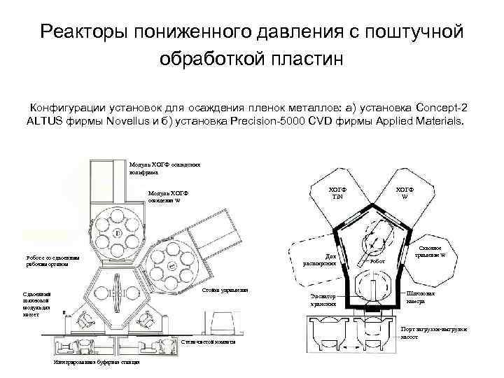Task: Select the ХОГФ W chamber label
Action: [x=405, y=192]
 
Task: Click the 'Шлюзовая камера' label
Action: [x=420, y=297]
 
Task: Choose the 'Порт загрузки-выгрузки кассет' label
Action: [x=433, y=332]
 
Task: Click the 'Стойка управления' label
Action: [x=225, y=290]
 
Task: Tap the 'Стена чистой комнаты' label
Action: [x=208, y=342]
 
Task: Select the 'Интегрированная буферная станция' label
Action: [x=96, y=362]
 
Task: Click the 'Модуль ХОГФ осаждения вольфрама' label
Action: [x=164, y=168]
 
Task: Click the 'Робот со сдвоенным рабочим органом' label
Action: [x=52, y=260]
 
